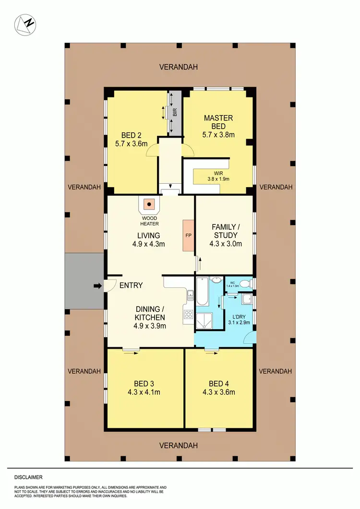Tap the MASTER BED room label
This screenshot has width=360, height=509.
pos(218,122)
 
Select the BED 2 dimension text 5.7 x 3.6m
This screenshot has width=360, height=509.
pos(131,143)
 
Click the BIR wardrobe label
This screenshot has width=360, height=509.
pos(175,112)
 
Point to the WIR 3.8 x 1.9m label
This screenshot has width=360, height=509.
pos(218,176)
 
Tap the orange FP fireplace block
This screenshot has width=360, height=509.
pos(188,236)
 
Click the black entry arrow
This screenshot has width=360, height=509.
pos(97,286)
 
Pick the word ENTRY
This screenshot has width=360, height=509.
pos(131,285)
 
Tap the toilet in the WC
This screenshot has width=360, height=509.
pos(245,284)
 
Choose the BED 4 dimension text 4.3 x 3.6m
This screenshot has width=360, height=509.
pos(218,392)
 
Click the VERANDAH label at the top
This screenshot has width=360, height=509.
pos(179,67)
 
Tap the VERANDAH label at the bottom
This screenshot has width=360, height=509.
pos(179,446)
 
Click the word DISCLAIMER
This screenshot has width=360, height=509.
pos(28,477)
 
